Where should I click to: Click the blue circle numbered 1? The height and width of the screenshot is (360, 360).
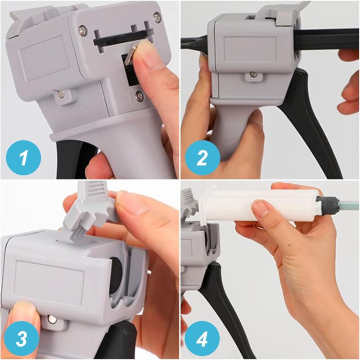[24, 158]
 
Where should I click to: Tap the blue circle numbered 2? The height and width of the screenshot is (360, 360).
[202, 158]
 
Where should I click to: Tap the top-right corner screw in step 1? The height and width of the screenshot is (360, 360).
[157, 18]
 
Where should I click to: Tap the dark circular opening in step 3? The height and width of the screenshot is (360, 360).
[116, 272]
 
